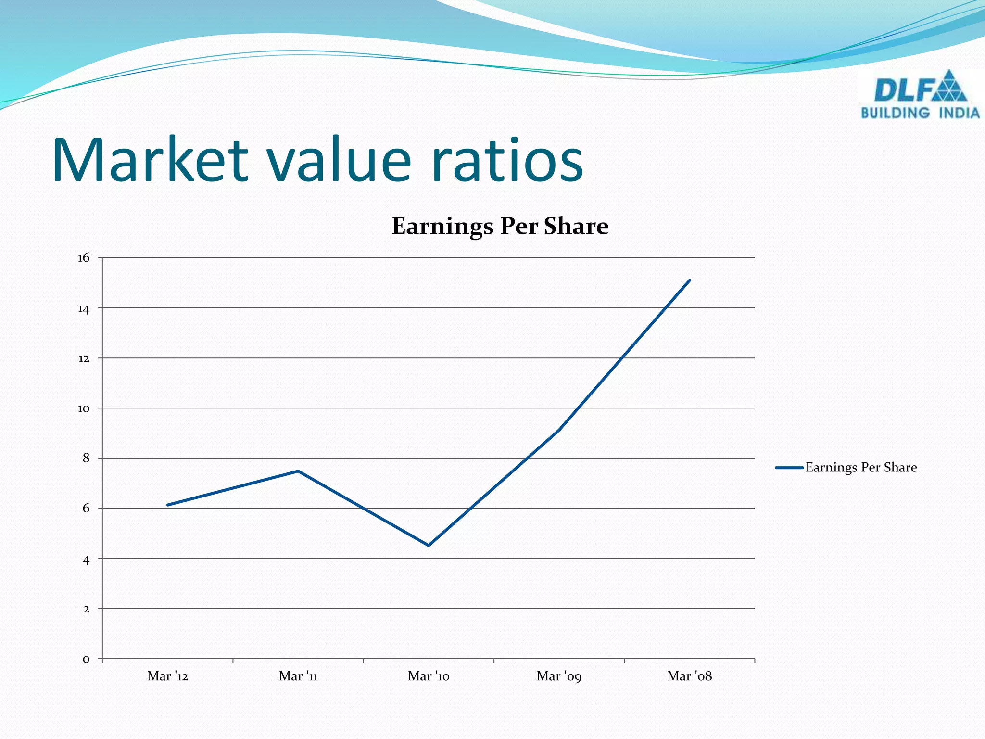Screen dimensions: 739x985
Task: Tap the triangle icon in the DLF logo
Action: coord(948,87)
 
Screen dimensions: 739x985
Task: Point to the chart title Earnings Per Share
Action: coord(500,226)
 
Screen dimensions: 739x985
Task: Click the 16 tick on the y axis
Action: coord(84,258)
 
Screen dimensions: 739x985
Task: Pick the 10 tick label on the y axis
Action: coord(84,408)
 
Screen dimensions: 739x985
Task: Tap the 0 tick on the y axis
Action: coord(86,659)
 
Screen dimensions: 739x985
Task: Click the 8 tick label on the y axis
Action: coord(86,458)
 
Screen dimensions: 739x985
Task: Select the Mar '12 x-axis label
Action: coord(168,676)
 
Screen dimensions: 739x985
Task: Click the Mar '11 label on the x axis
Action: coord(298,676)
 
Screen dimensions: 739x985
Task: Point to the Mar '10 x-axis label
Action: coord(429,676)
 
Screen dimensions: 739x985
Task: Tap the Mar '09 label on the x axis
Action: coord(559,676)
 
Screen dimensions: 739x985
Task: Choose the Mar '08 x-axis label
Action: coord(690,676)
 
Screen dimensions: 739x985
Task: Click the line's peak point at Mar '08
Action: coord(690,280)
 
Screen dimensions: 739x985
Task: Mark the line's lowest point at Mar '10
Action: coord(429,546)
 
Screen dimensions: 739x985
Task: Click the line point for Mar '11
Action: coord(298,471)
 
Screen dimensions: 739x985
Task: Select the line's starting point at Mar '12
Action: coord(168,505)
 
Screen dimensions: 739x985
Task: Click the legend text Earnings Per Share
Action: coord(861,468)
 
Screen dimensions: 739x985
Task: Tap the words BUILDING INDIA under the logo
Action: coord(920,113)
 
